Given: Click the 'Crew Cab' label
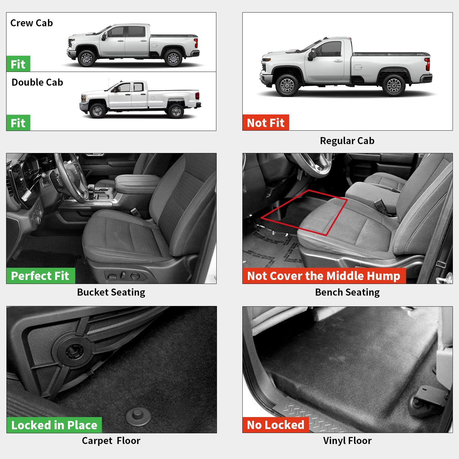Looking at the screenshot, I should pyautogui.click(x=32, y=23).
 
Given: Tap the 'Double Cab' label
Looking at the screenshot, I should pyautogui.click(x=37, y=82).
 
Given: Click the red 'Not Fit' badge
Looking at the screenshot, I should pyautogui.click(x=266, y=123).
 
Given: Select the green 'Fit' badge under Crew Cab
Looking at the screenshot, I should pyautogui.click(x=18, y=64).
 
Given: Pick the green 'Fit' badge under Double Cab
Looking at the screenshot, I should pyautogui.click(x=18, y=123).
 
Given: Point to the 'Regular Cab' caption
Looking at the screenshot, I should pyautogui.click(x=347, y=141).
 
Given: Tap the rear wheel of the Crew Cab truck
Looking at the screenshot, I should pyautogui.click(x=173, y=58).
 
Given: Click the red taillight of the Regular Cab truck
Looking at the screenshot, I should pyautogui.click(x=427, y=64).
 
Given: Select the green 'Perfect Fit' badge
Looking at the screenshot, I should pyautogui.click(x=40, y=276).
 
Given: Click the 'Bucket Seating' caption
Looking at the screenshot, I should pyautogui.click(x=111, y=292).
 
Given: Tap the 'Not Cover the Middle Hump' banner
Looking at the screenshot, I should pyautogui.click(x=324, y=276).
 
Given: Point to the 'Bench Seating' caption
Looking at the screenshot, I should pyautogui.click(x=347, y=292).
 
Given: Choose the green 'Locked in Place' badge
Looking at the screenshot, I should pyautogui.click(x=54, y=425).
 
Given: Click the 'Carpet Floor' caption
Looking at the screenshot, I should pyautogui.click(x=111, y=441).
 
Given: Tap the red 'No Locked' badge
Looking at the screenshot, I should pyautogui.click(x=275, y=425).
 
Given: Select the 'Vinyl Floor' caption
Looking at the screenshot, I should pyautogui.click(x=347, y=441).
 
